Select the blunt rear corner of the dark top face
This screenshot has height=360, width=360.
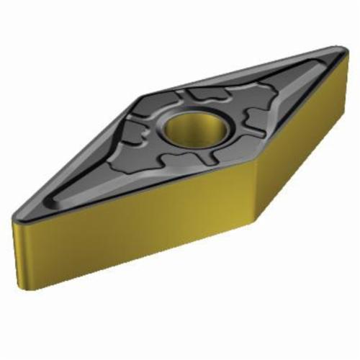[x=144, y=94]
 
